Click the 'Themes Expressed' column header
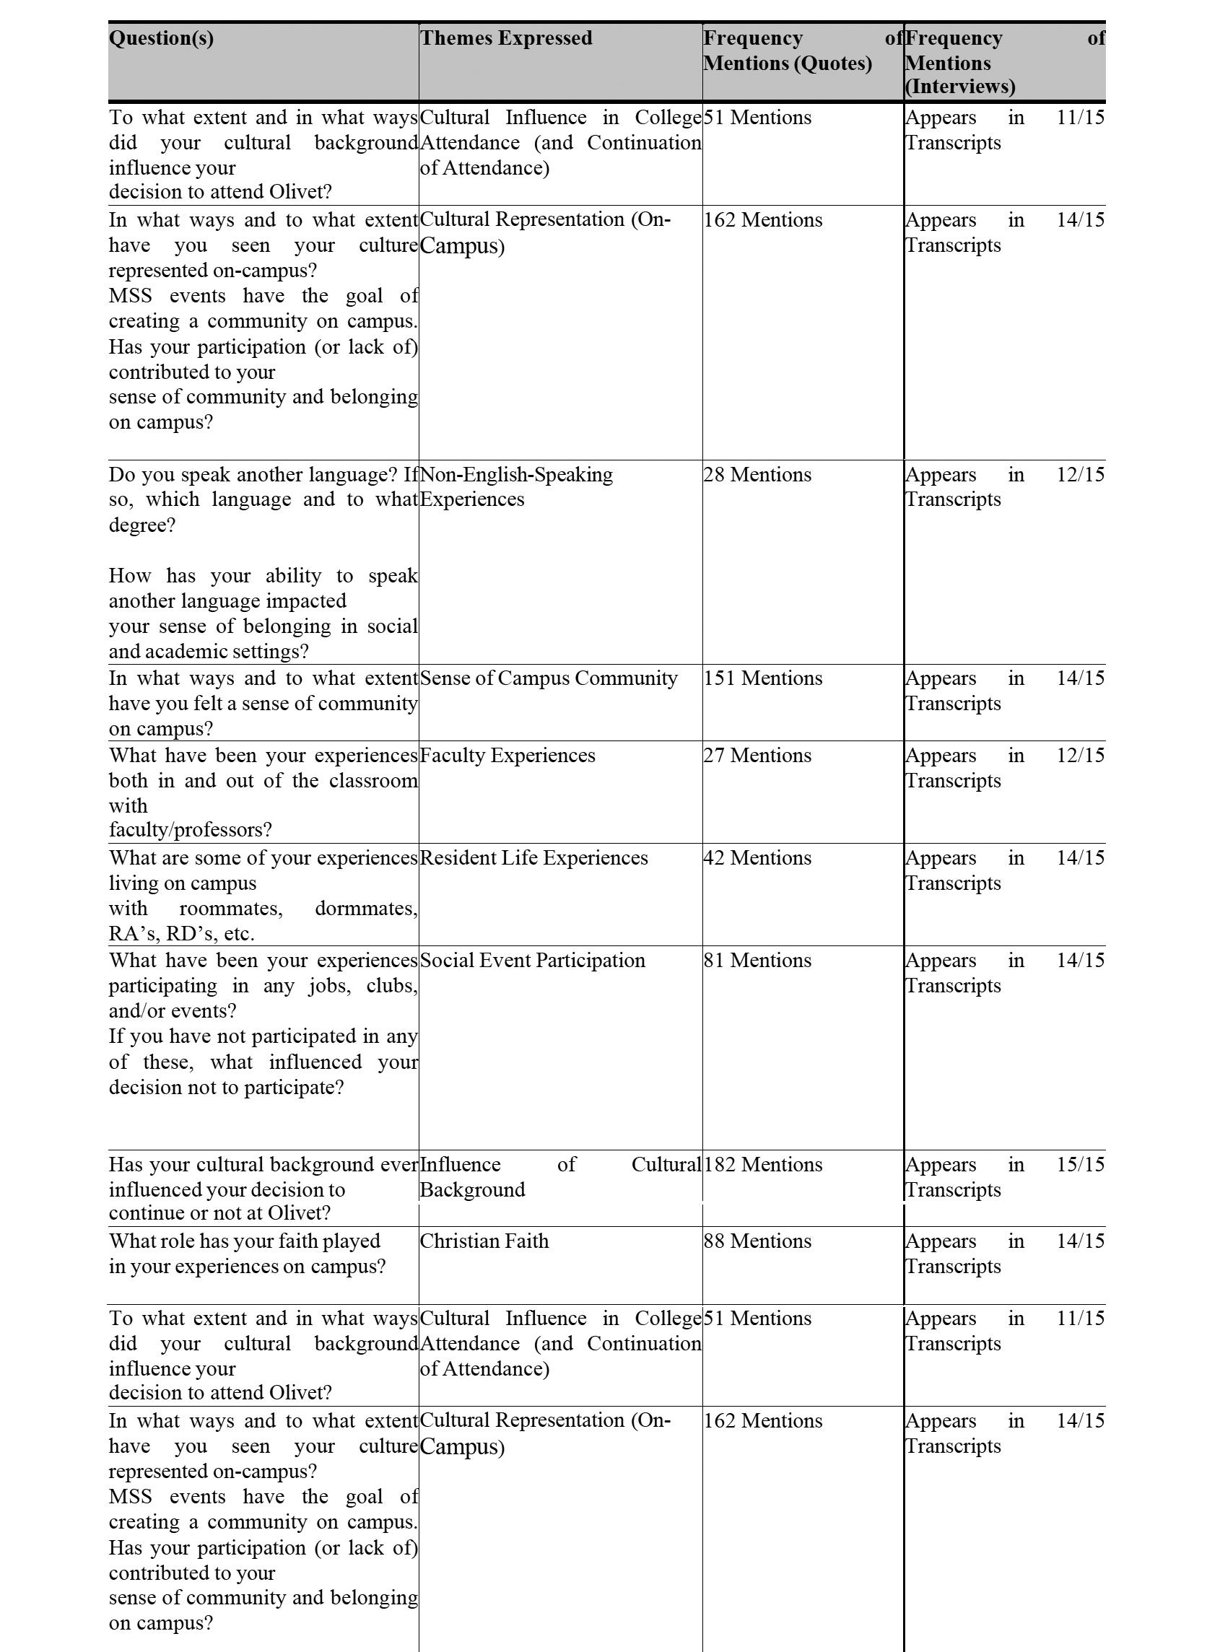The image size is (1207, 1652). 505,38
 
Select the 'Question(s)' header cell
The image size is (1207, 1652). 162,38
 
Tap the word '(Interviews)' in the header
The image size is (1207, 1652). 960,86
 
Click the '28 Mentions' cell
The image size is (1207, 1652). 757,475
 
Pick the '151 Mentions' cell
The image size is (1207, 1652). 762,678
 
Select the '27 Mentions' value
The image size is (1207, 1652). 757,755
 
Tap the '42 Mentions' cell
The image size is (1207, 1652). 757,857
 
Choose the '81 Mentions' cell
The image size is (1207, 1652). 757,960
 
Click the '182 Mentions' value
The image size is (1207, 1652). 762,1164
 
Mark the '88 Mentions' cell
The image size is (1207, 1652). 757,1241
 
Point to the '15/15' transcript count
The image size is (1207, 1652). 1080,1164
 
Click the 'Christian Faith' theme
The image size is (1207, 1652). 484,1241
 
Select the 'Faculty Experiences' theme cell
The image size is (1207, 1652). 507,755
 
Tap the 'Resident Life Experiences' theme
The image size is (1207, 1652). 533,857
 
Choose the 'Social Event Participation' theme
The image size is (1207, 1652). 532,960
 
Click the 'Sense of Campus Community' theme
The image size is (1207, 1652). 548,678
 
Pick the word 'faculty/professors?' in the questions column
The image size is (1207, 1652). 190,830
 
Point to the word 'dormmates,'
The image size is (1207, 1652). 366,909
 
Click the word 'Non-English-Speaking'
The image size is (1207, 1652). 516,475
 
